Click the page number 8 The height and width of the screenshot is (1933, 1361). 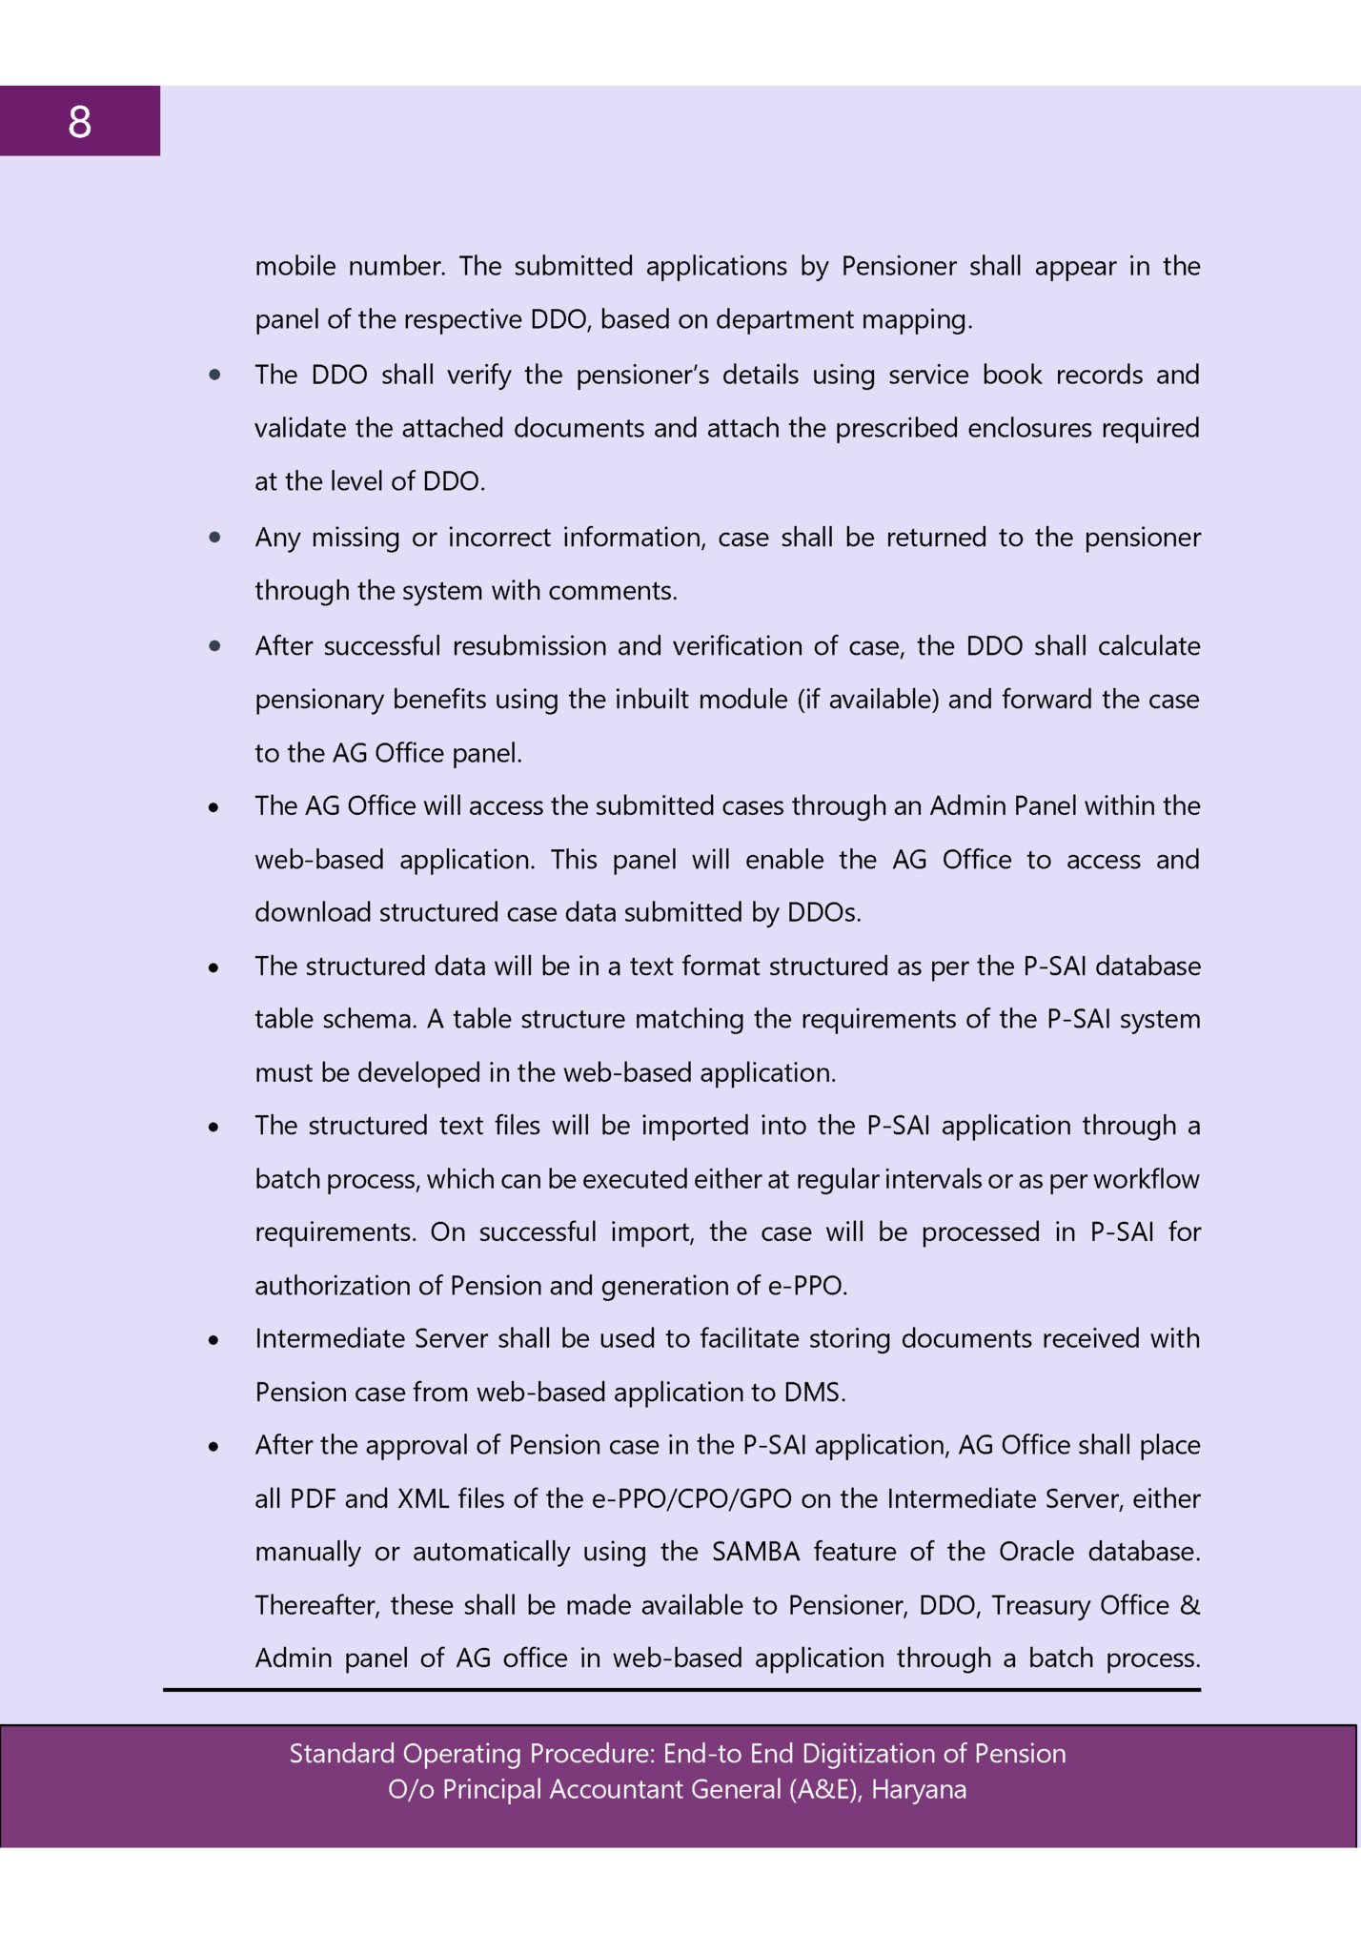click(x=79, y=122)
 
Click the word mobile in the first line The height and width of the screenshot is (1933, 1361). click(x=295, y=266)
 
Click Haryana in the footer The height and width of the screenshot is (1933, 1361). click(x=919, y=1789)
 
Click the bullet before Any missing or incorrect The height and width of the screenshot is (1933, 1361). click(x=215, y=538)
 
